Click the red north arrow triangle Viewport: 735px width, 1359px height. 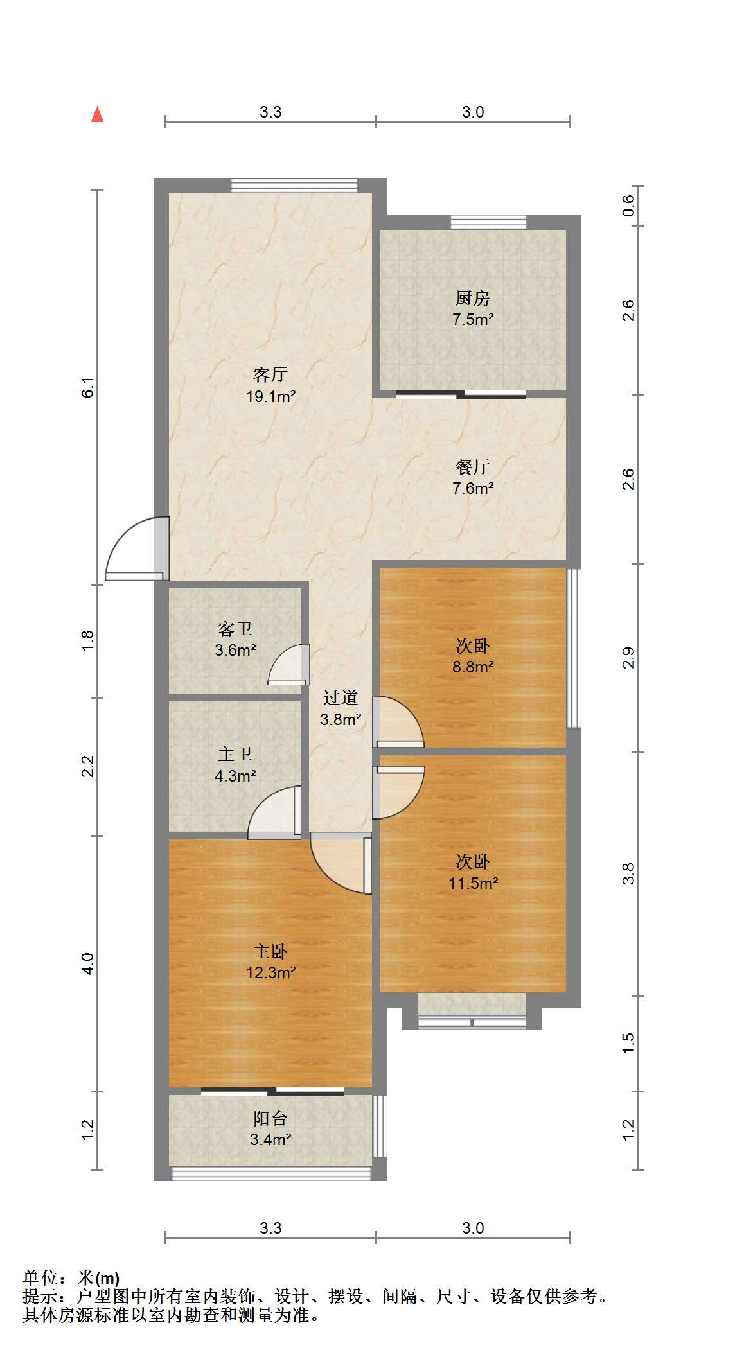[97, 114]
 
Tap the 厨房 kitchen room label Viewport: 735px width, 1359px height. [473, 298]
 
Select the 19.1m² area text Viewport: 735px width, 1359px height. [270, 396]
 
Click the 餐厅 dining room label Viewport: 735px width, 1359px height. [473, 467]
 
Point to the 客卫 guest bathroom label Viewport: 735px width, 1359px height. [235, 629]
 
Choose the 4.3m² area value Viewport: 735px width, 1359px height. [235, 776]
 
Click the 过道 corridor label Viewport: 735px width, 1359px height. [341, 698]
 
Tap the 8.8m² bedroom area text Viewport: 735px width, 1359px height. [473, 667]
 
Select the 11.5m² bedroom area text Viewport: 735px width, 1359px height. [474, 883]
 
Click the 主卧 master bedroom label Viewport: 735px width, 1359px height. [270, 951]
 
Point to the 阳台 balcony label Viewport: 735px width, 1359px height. [270, 1119]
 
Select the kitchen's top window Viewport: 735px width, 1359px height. [488, 222]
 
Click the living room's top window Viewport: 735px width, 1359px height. [294, 186]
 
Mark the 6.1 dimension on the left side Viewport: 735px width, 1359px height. [88, 388]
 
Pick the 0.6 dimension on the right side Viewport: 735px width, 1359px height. [629, 206]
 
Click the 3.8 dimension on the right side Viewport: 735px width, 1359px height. [629, 873]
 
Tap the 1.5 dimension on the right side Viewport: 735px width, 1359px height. [629, 1042]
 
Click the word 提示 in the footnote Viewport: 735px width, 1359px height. [39, 1297]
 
